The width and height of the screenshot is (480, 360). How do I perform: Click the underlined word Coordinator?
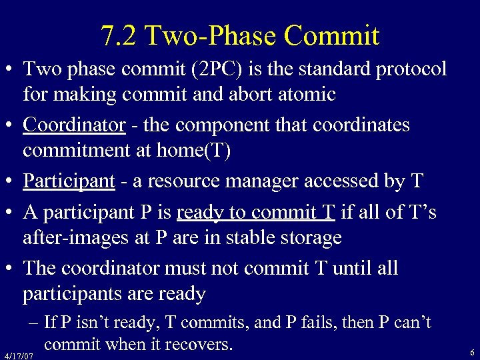pos(74,125)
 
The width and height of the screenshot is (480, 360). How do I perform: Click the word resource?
pos(199,181)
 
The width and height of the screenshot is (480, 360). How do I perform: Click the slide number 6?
pos(471,352)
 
